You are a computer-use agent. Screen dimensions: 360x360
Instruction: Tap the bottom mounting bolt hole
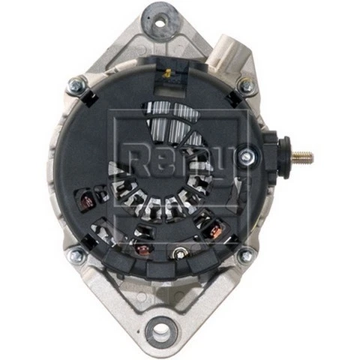tap(158, 328)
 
